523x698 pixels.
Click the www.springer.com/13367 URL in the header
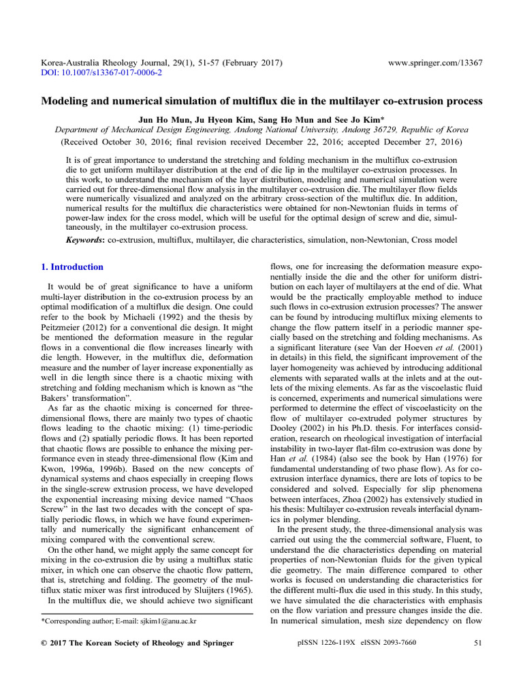point(435,63)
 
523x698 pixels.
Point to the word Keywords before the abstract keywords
point(84,240)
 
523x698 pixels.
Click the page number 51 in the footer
point(477,643)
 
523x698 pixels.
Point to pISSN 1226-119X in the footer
point(329,643)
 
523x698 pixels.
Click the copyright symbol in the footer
point(45,643)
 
